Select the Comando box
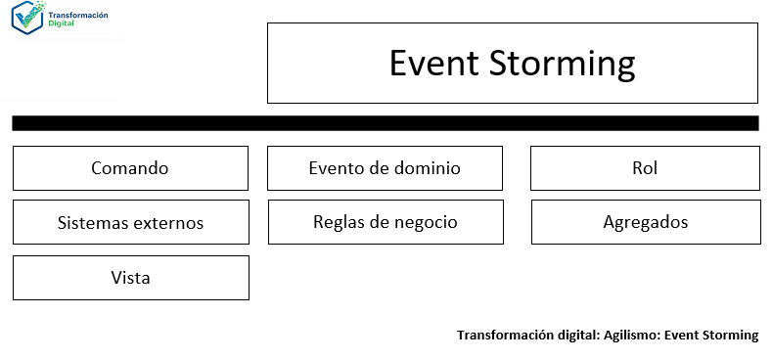click(130, 168)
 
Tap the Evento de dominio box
click(385, 168)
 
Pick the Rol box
click(645, 168)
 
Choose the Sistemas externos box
click(130, 222)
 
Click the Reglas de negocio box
click(385, 222)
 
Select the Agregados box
click(645, 222)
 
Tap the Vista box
click(130, 278)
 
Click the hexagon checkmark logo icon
click(28, 19)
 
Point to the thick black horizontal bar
click(385, 123)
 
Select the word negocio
click(424, 222)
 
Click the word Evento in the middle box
click(336, 168)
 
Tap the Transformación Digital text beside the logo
click(78, 19)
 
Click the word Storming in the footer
click(730, 336)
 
